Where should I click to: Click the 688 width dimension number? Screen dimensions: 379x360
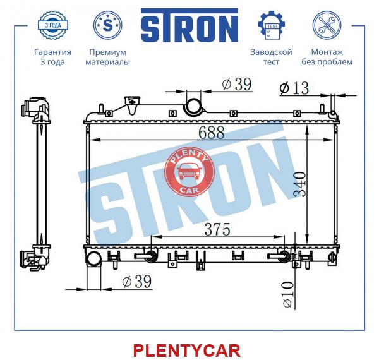(x=212, y=133)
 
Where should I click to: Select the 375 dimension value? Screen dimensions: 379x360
(x=217, y=229)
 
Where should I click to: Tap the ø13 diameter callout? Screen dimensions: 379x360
(x=294, y=88)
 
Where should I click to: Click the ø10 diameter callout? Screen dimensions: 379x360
(x=288, y=294)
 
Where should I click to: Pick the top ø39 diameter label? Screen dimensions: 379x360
(x=237, y=84)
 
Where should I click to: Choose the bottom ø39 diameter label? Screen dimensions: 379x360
(x=137, y=281)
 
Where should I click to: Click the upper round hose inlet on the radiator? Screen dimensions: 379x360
(x=193, y=106)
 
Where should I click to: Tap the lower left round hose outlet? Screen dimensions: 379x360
(x=93, y=258)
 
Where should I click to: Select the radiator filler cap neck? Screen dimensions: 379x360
(x=132, y=105)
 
